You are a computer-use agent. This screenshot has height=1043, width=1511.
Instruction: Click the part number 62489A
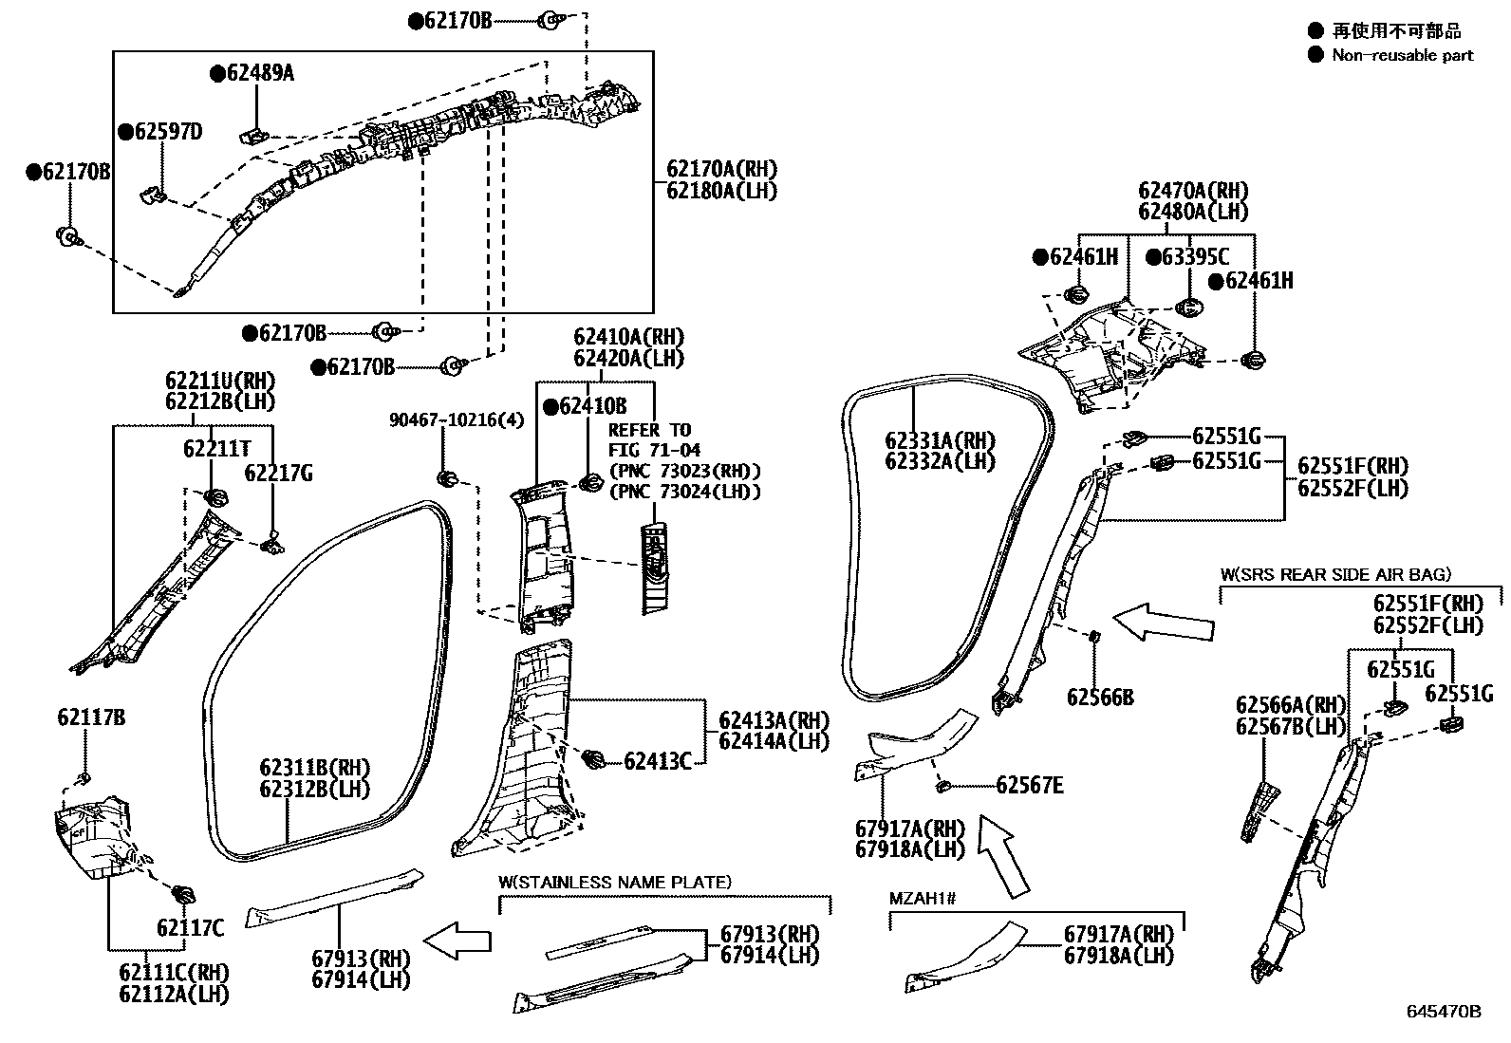pos(259,72)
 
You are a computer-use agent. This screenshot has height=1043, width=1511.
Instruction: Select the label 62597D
pos(168,131)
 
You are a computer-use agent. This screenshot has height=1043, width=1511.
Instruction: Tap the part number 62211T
pos(217,448)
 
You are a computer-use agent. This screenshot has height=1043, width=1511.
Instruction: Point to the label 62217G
pos(279,473)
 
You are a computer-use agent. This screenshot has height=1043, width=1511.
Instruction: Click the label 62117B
pos(90,717)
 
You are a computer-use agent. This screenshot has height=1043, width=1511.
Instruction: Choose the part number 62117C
pos(191,927)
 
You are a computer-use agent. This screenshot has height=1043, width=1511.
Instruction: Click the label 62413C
pos(658,760)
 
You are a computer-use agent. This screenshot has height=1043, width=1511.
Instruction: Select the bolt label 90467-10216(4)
pos(456,419)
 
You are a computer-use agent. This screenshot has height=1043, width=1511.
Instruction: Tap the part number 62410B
pos(592,406)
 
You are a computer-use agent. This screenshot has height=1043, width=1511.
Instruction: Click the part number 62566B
pos(1100,698)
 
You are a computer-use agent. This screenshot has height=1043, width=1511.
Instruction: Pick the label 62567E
pos(1030,785)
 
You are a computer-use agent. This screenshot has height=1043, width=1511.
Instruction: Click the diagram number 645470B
pos(1443,1012)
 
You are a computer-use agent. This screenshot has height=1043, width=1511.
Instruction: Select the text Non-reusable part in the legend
pos(1402,55)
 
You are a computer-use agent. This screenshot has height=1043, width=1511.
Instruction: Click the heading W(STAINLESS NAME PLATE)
pos(615,883)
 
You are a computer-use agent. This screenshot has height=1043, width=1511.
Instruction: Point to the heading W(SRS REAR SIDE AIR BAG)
pos(1335,574)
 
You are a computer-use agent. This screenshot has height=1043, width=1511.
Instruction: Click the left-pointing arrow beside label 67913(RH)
pos(457,941)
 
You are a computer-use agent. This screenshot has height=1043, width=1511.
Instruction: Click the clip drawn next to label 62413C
pos(594,757)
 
